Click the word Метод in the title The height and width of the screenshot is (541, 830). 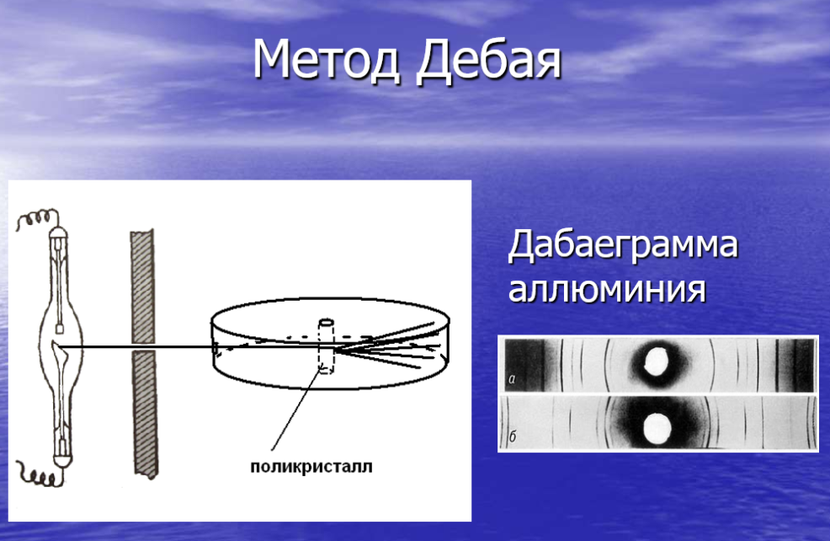point(326,59)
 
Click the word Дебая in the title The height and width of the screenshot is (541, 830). point(488,61)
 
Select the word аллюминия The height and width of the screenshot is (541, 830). point(607,289)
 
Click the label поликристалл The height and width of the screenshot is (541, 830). point(311,467)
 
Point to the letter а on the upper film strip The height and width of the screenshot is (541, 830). point(512,379)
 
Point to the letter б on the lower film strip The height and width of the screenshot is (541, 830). point(512,436)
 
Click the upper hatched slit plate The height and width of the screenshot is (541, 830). point(142,287)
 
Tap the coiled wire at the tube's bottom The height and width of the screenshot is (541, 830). point(38,474)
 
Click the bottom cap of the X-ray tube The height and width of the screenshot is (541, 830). point(62,460)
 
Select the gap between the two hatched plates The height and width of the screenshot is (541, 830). point(143,347)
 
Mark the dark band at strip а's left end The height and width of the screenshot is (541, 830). point(524,365)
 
